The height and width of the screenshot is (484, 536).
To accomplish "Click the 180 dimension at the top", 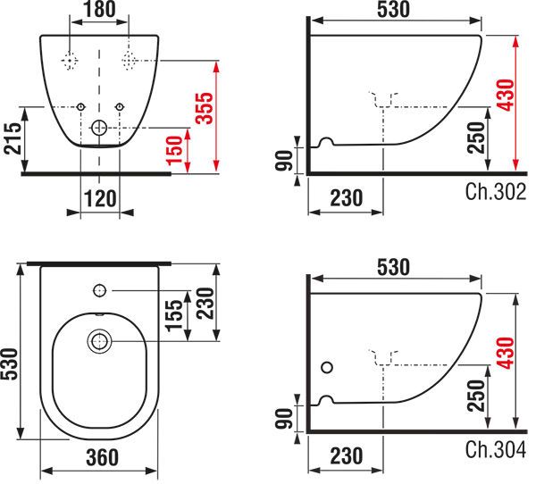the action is coord(99,9).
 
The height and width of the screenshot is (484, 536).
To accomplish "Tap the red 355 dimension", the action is coord(204,108).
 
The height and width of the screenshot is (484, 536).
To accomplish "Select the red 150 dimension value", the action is coord(174,150).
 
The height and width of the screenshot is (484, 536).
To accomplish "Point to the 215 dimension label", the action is coord(13,138).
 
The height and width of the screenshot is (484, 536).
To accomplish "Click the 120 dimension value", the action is coord(100,198).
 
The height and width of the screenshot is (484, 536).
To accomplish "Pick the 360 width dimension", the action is coord(102,457).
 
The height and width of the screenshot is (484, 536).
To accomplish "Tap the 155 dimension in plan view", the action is coord(174,315).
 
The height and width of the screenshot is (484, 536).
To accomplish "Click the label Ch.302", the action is coord(495,192).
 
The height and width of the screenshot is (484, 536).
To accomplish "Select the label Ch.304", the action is coord(495,449).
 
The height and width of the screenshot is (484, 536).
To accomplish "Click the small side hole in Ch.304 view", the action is coord(327,367).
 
